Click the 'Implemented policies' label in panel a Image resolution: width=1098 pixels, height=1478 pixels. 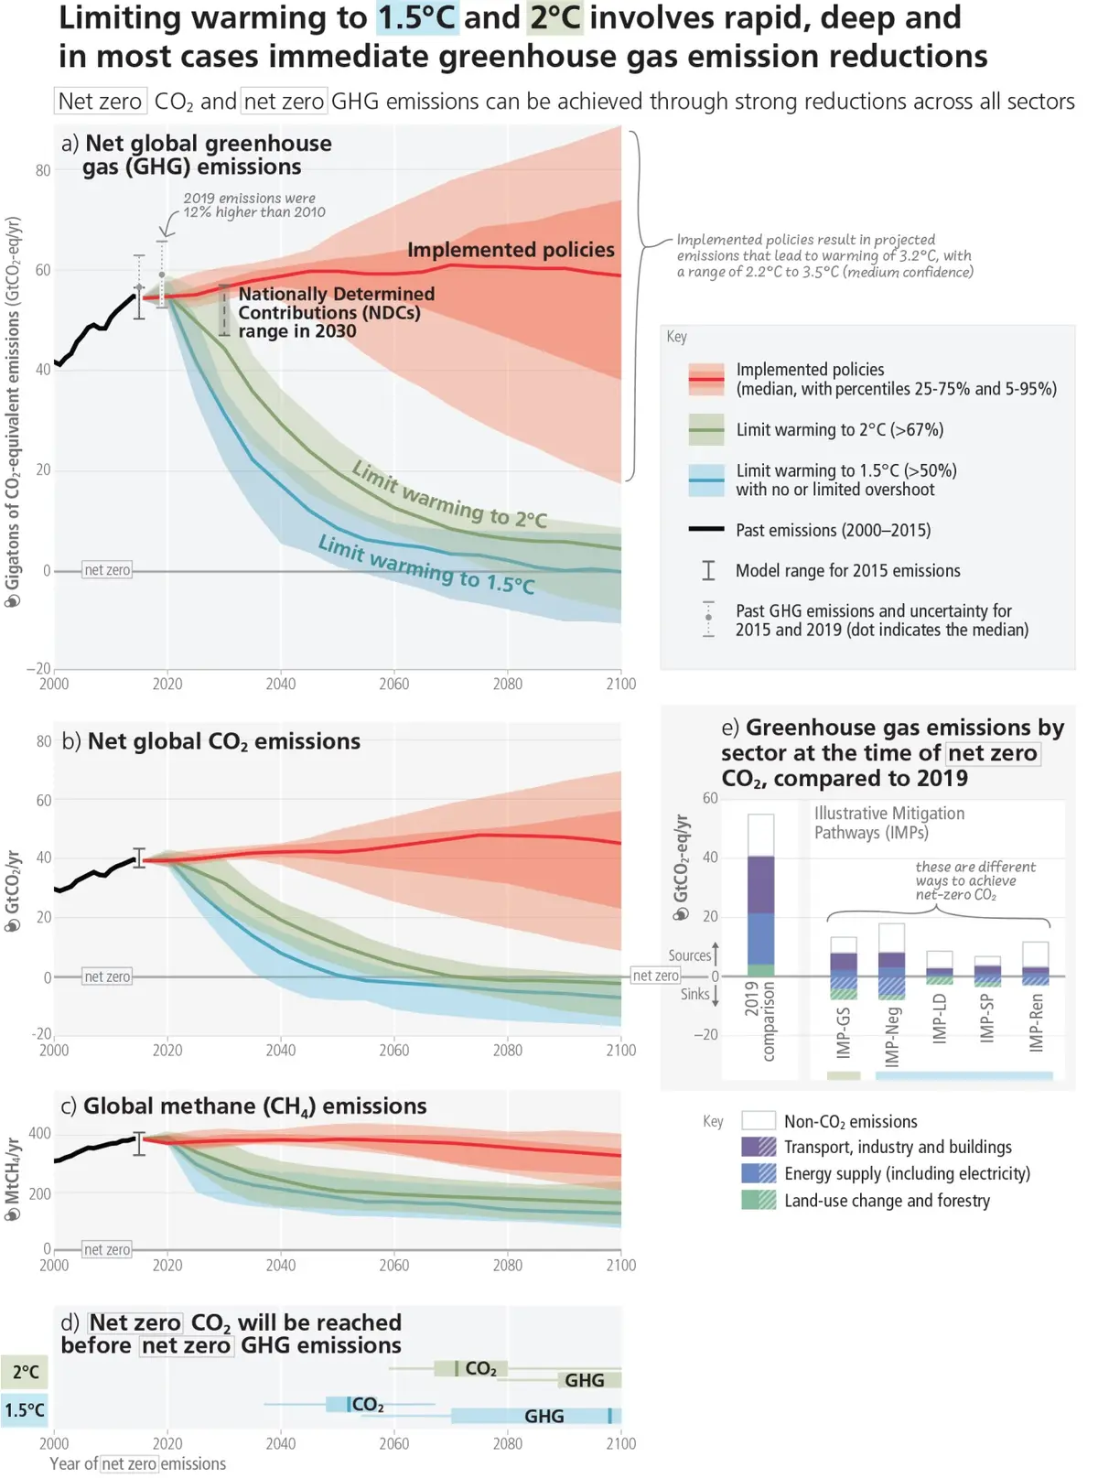pyautogui.click(x=511, y=250)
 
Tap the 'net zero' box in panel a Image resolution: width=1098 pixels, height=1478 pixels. pyautogui.click(x=107, y=570)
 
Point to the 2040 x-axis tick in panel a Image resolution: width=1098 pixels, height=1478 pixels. pyautogui.click(x=281, y=684)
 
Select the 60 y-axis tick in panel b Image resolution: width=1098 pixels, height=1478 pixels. pyautogui.click(x=44, y=800)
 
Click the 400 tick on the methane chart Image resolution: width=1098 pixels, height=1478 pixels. pyautogui.click(x=40, y=1134)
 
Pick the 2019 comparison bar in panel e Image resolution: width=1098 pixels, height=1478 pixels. pyautogui.click(x=760, y=895)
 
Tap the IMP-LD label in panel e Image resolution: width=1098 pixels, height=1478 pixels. pyautogui.click(x=940, y=1019)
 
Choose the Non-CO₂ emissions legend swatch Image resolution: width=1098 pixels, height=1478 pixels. pyautogui.click(x=759, y=1120)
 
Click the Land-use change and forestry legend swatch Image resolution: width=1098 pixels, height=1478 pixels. pyautogui.click(x=759, y=1200)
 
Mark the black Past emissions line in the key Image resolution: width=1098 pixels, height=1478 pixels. pyautogui.click(x=706, y=529)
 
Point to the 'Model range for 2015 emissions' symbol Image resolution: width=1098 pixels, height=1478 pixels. pyautogui.click(x=708, y=570)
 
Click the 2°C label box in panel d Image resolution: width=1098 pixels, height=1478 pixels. pyautogui.click(x=25, y=1372)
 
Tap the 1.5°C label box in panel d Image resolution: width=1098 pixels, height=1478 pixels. pyautogui.click(x=25, y=1410)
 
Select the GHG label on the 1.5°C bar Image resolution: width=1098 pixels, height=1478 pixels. pyautogui.click(x=544, y=1416)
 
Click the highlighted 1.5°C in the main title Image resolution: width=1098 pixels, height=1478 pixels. pyautogui.click(x=418, y=17)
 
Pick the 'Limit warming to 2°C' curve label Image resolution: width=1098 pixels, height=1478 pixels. pyautogui.click(x=450, y=494)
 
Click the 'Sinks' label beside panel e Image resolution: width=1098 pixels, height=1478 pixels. pyautogui.click(x=694, y=994)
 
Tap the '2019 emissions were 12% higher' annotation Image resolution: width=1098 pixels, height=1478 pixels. pyautogui.click(x=254, y=205)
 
